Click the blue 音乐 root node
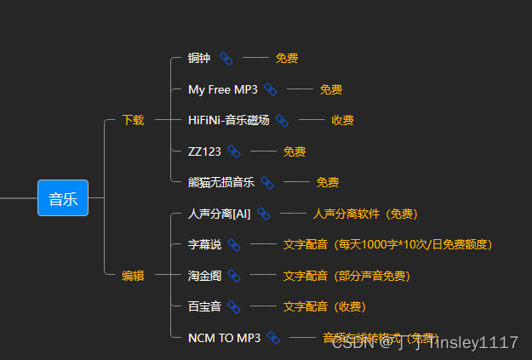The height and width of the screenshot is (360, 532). click(63, 198)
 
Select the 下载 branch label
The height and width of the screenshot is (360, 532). click(133, 120)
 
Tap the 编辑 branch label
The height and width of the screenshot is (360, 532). click(133, 276)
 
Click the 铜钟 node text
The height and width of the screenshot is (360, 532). click(199, 59)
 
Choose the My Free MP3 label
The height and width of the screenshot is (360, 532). click(222, 89)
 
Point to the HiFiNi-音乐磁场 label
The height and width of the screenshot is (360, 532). click(228, 120)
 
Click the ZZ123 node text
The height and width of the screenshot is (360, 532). click(204, 151)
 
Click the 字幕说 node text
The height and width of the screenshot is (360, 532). click(204, 245)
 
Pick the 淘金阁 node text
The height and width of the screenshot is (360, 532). click(204, 276)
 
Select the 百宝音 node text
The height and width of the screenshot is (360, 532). click(204, 306)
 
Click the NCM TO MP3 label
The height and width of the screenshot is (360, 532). click(224, 338)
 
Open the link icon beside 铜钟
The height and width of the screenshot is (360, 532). click(226, 59)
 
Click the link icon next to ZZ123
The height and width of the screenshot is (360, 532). click(234, 151)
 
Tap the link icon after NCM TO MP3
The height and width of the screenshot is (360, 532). click(273, 338)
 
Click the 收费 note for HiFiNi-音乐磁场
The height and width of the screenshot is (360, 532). click(343, 120)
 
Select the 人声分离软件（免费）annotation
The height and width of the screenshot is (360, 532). click(365, 214)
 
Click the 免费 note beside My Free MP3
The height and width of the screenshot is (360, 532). click(331, 89)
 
